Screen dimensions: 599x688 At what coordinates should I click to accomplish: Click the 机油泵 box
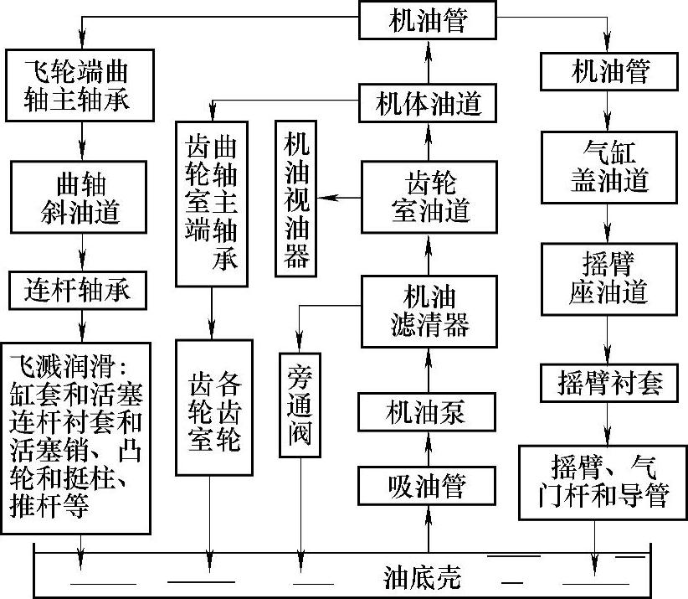point(425,413)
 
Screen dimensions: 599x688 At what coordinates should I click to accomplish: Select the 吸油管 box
point(425,485)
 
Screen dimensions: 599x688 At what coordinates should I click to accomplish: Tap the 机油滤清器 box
point(425,310)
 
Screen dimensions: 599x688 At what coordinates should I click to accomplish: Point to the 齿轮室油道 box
point(425,198)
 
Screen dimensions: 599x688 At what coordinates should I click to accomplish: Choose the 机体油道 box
point(425,106)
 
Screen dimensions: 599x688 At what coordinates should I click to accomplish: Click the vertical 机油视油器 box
point(297,199)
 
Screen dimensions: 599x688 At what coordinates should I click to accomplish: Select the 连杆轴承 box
point(81,292)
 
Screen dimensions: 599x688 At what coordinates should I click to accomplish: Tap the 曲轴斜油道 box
point(81,198)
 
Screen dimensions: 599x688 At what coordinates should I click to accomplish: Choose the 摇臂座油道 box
point(608,279)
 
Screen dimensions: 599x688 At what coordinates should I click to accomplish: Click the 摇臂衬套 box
point(608,383)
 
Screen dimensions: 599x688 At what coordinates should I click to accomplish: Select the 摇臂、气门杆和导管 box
point(608,483)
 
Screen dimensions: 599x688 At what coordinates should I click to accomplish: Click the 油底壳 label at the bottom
point(423,578)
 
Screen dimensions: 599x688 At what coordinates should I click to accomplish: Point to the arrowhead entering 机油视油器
point(327,198)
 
